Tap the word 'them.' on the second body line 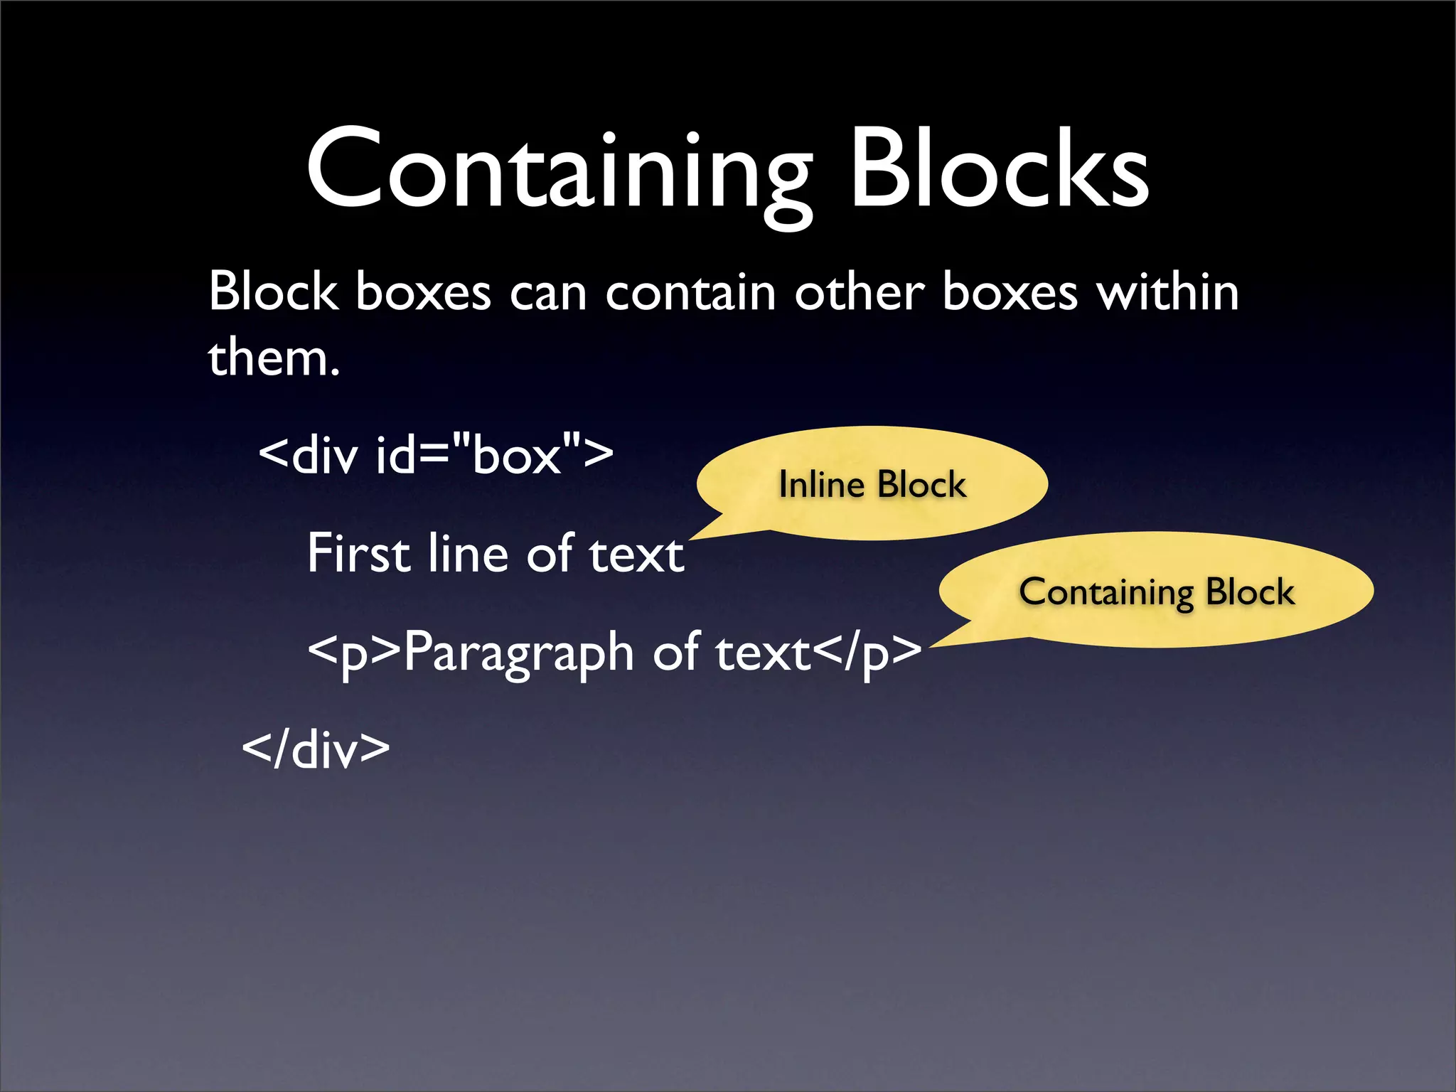click(x=274, y=357)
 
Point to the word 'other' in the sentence click(x=859, y=292)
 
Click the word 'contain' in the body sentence click(x=690, y=292)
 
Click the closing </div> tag click(x=316, y=749)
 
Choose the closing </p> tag click(x=867, y=653)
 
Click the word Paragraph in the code click(x=518, y=653)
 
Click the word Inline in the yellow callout click(x=821, y=485)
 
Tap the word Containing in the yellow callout click(x=1106, y=592)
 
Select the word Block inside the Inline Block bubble click(x=921, y=485)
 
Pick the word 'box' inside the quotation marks click(x=516, y=455)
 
